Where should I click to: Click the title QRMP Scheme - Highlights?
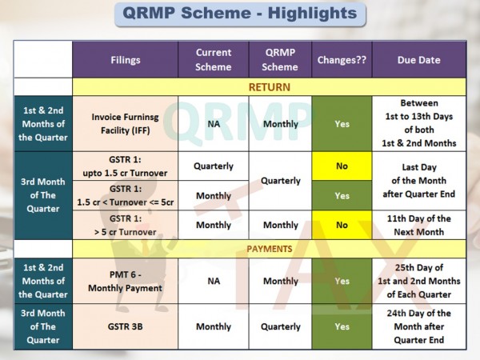tap(240, 14)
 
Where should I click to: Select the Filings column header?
tap(126, 60)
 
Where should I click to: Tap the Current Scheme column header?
tap(214, 60)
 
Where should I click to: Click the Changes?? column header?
tap(342, 60)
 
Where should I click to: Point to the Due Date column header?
tap(419, 60)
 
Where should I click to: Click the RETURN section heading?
tap(270, 87)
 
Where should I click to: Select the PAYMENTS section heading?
tap(270, 249)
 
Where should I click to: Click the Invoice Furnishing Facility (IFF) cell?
tap(126, 124)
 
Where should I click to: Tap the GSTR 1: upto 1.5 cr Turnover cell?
tap(126, 166)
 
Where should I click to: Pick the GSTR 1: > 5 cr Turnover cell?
tap(126, 225)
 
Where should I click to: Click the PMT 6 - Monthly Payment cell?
tap(126, 281)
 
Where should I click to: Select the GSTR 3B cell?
tap(126, 326)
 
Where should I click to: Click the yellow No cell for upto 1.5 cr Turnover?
tap(342, 166)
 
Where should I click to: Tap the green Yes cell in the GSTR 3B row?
tap(342, 326)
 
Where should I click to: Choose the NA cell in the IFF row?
tap(214, 124)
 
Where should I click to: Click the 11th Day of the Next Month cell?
tap(419, 225)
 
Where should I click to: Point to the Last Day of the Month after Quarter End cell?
tap(419, 181)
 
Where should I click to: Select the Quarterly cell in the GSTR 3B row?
tap(281, 326)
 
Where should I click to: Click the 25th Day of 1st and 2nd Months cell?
tap(419, 281)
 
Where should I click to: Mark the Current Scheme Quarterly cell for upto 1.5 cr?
tap(214, 166)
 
